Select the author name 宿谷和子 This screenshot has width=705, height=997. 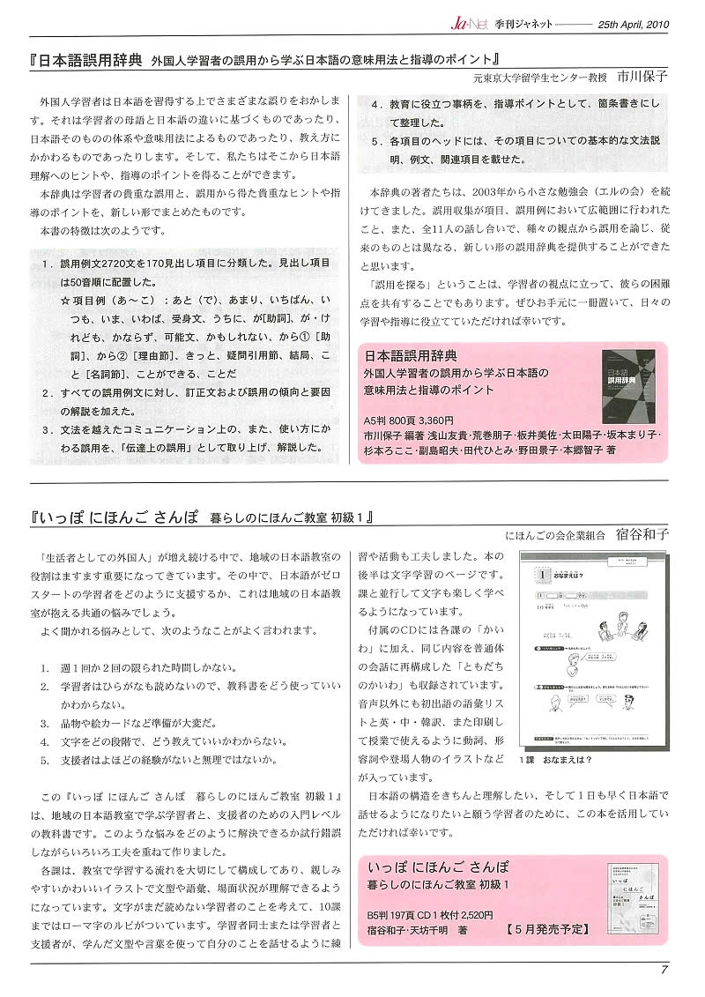click(x=642, y=534)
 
